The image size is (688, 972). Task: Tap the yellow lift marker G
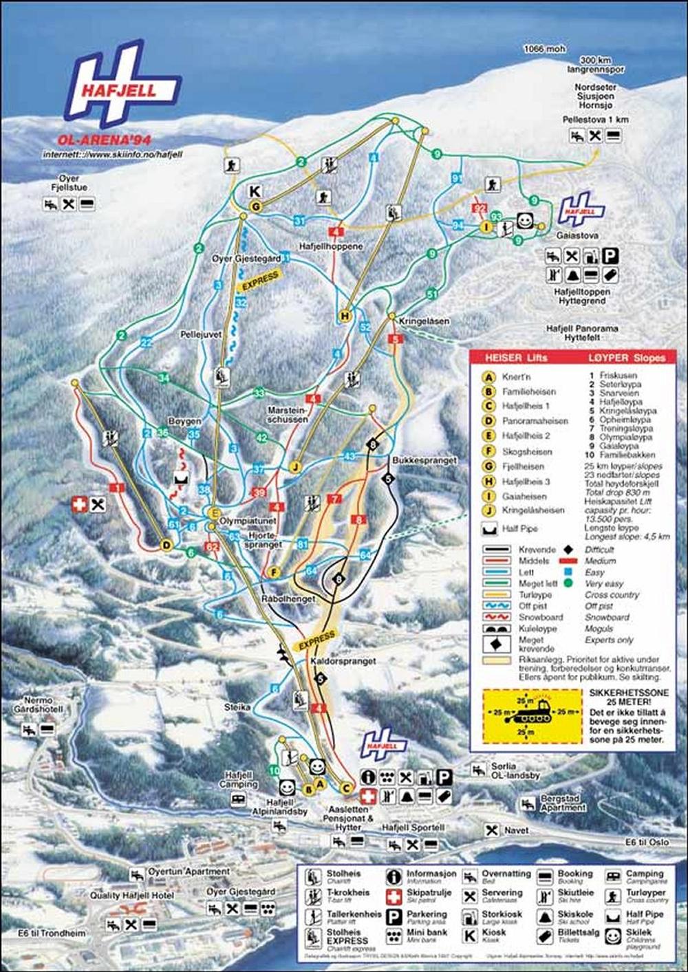255,206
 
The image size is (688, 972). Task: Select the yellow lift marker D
166,545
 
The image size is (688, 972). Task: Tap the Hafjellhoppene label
330,246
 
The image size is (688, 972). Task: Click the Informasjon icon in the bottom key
394,877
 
